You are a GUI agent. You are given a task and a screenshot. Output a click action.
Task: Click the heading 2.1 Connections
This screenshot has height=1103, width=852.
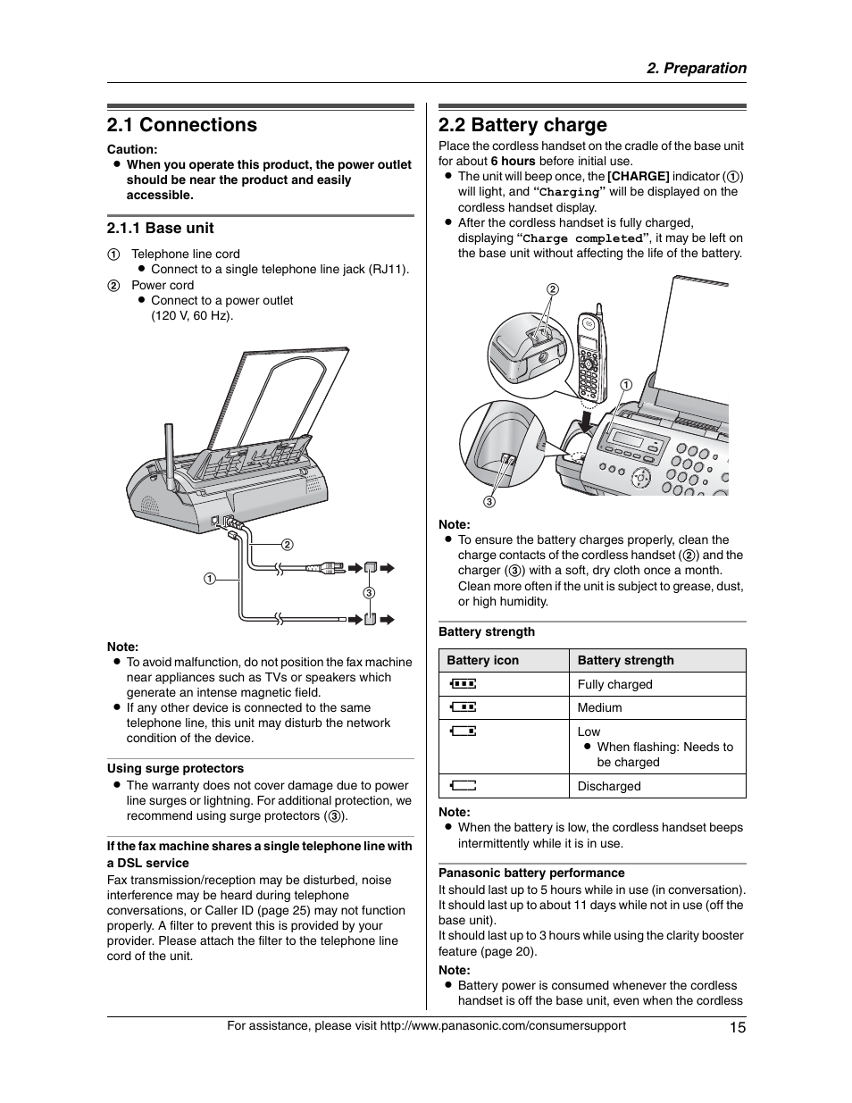(181, 125)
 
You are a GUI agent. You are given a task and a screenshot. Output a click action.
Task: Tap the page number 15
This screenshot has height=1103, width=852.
(737, 1027)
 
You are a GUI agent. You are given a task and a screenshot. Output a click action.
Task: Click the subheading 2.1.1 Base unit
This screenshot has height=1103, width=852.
(160, 229)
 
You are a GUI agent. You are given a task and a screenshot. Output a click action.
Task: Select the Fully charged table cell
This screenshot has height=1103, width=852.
(614, 685)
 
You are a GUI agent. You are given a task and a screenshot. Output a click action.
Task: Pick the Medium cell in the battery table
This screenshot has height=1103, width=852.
(599, 708)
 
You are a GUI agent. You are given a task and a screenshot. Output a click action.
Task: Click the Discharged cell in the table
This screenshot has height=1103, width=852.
(608, 787)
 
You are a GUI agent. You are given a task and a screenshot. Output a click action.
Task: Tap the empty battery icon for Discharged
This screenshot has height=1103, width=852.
(464, 786)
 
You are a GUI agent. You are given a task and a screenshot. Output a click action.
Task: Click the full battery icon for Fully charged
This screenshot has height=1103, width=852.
(464, 684)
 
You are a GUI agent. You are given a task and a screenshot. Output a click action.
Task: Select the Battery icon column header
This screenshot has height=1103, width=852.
(482, 661)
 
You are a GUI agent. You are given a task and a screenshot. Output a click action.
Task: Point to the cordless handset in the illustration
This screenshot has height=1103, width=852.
(589, 357)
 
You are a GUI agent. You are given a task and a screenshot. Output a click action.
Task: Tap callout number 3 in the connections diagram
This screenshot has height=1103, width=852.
(368, 593)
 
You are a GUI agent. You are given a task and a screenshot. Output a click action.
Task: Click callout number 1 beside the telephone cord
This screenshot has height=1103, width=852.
(209, 579)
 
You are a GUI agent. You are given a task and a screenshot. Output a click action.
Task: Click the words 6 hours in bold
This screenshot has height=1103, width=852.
(513, 162)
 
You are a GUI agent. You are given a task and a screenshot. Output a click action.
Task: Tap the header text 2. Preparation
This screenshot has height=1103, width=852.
(697, 69)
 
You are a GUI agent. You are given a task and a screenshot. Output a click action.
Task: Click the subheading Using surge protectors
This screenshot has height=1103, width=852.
(175, 769)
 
